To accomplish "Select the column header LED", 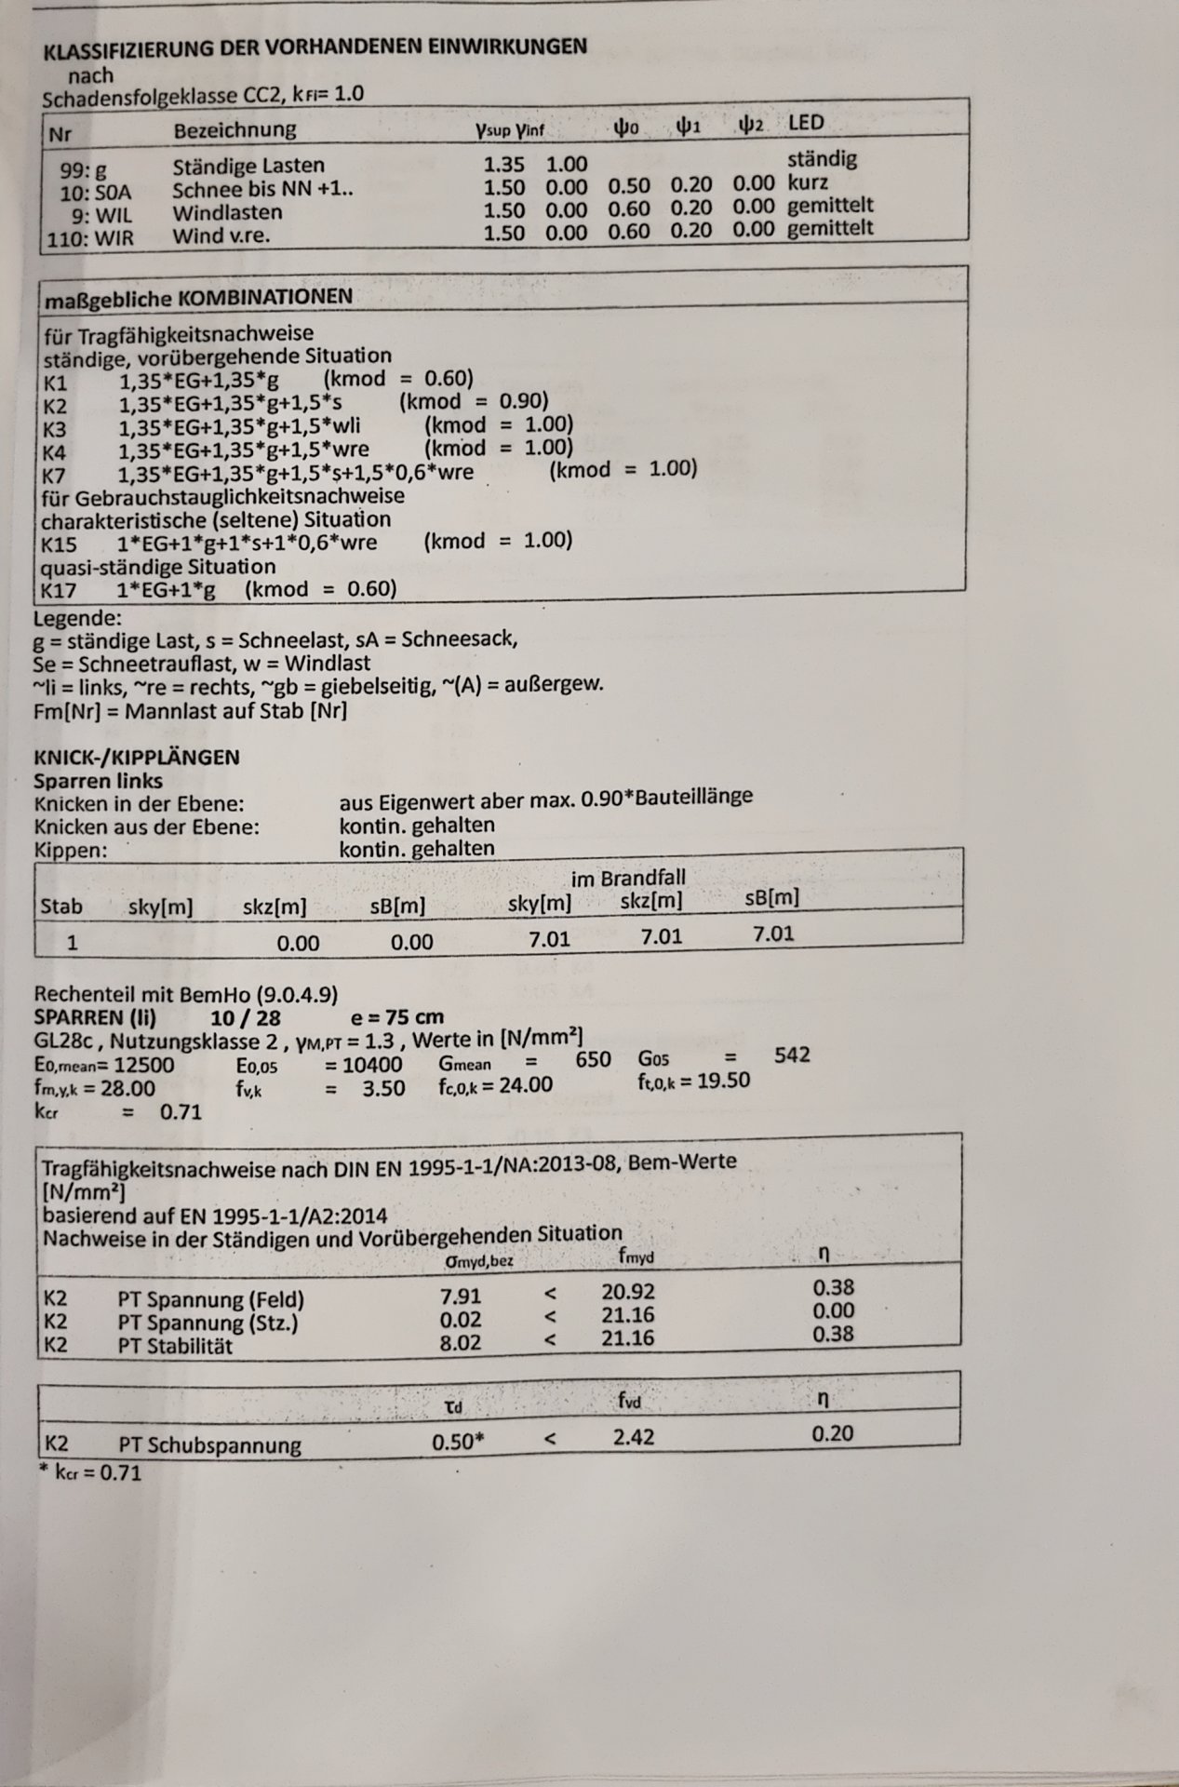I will pyautogui.click(x=805, y=122).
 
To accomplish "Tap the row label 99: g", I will pyautogui.click(x=84, y=170).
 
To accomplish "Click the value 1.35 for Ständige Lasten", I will pyautogui.click(x=503, y=165).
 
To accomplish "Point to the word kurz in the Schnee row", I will pyautogui.click(x=807, y=182).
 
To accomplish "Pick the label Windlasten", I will pyautogui.click(x=227, y=212).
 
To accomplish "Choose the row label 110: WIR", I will pyautogui.click(x=90, y=238).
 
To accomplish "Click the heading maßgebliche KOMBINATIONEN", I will pyautogui.click(x=198, y=298).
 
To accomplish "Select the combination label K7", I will pyautogui.click(x=55, y=476).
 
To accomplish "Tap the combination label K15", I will pyautogui.click(x=59, y=544).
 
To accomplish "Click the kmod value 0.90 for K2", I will pyautogui.click(x=523, y=402).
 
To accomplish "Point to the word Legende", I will pyautogui.click(x=77, y=619).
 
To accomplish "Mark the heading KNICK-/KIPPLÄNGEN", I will pyautogui.click(x=136, y=758).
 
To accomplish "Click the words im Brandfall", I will pyautogui.click(x=628, y=879).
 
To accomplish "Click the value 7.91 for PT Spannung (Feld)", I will pyautogui.click(x=461, y=1295).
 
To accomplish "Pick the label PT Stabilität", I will pyautogui.click(x=175, y=1346).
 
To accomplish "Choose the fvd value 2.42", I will pyautogui.click(x=633, y=1437).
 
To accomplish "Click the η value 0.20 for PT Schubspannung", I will pyautogui.click(x=832, y=1433).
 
